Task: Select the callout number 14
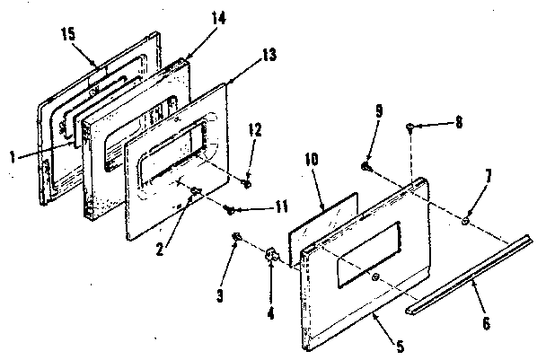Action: pos(194,41)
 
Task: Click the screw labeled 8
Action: pos(410,127)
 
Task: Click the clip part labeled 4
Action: pos(271,258)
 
